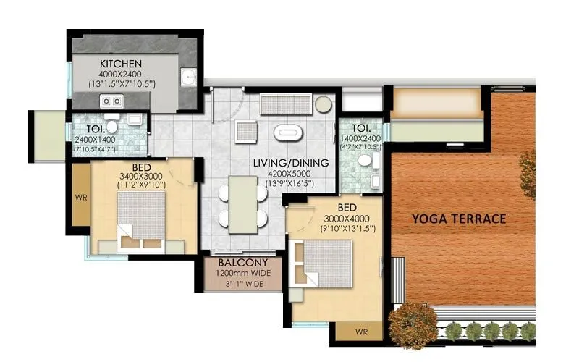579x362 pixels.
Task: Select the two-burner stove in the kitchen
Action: point(111,101)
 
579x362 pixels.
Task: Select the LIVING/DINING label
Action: point(290,163)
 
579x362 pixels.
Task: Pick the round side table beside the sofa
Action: point(322,105)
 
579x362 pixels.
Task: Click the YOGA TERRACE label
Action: point(458,218)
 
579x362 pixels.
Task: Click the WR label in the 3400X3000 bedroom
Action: point(81,196)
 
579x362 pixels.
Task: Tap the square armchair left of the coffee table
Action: point(245,132)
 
